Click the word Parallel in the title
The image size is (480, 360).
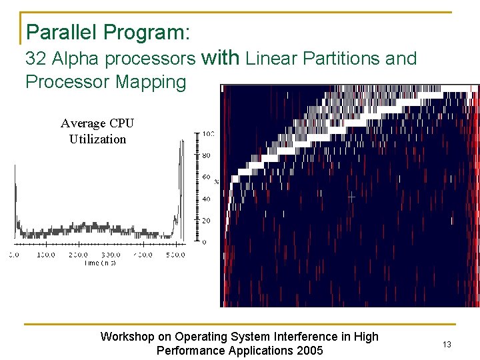tap(59, 32)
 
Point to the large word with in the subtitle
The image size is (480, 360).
tap(220, 58)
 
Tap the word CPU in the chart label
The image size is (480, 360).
tap(121, 123)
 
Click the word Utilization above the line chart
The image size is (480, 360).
tap(97, 139)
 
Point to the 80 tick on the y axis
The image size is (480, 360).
tap(207, 155)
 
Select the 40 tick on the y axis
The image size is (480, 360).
tap(207, 199)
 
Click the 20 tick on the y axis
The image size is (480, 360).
tap(207, 221)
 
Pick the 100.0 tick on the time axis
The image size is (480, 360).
tap(46, 255)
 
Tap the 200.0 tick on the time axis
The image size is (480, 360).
tap(78, 255)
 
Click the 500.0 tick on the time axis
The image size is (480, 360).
tap(175, 255)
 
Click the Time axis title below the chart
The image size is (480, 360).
tap(99, 263)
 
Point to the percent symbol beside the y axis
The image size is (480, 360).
tap(217, 181)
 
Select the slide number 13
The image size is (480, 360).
tap(447, 344)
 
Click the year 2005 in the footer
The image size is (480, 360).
tap(309, 351)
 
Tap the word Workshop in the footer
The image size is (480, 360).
tap(127, 337)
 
